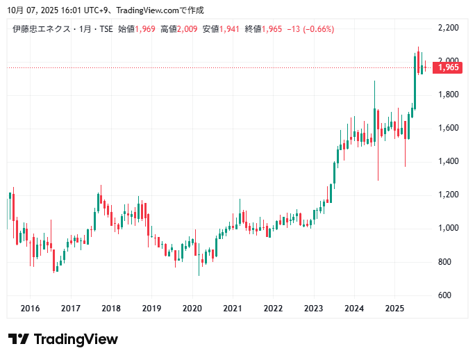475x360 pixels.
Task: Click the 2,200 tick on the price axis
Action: pyautogui.click(x=449, y=28)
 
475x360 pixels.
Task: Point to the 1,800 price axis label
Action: pyautogui.click(x=449, y=95)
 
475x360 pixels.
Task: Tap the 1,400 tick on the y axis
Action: pyautogui.click(x=449, y=161)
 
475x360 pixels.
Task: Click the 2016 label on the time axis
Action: pyautogui.click(x=30, y=309)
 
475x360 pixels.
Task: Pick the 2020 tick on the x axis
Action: pyautogui.click(x=192, y=309)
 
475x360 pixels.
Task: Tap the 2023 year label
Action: pyautogui.click(x=314, y=309)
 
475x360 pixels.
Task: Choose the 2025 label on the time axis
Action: pyautogui.click(x=394, y=309)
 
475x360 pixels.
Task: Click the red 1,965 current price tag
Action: pyautogui.click(x=448, y=67)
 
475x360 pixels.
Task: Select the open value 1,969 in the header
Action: pyautogui.click(x=145, y=29)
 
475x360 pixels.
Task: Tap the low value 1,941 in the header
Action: pyautogui.click(x=230, y=29)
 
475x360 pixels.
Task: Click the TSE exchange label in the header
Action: pyautogui.click(x=105, y=29)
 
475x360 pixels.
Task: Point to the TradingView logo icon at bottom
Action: pyautogui.click(x=19, y=339)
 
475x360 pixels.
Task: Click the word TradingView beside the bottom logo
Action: pyautogui.click(x=76, y=339)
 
